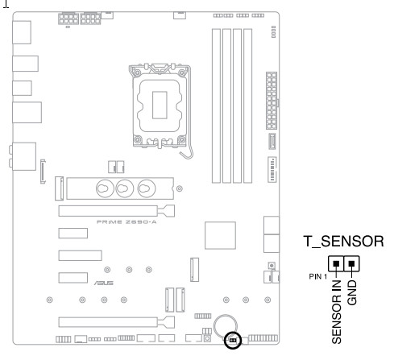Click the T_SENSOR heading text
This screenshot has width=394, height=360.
(x=343, y=242)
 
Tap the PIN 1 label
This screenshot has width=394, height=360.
(x=318, y=276)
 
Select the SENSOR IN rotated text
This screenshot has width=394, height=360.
(x=337, y=312)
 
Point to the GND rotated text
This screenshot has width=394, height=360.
(x=352, y=292)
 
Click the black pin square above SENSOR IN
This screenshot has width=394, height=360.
(x=336, y=263)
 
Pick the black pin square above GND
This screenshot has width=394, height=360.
(x=351, y=263)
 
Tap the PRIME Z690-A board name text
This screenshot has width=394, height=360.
(x=126, y=222)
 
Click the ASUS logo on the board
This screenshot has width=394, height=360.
(x=104, y=283)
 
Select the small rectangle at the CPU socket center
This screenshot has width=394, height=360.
(x=160, y=105)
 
